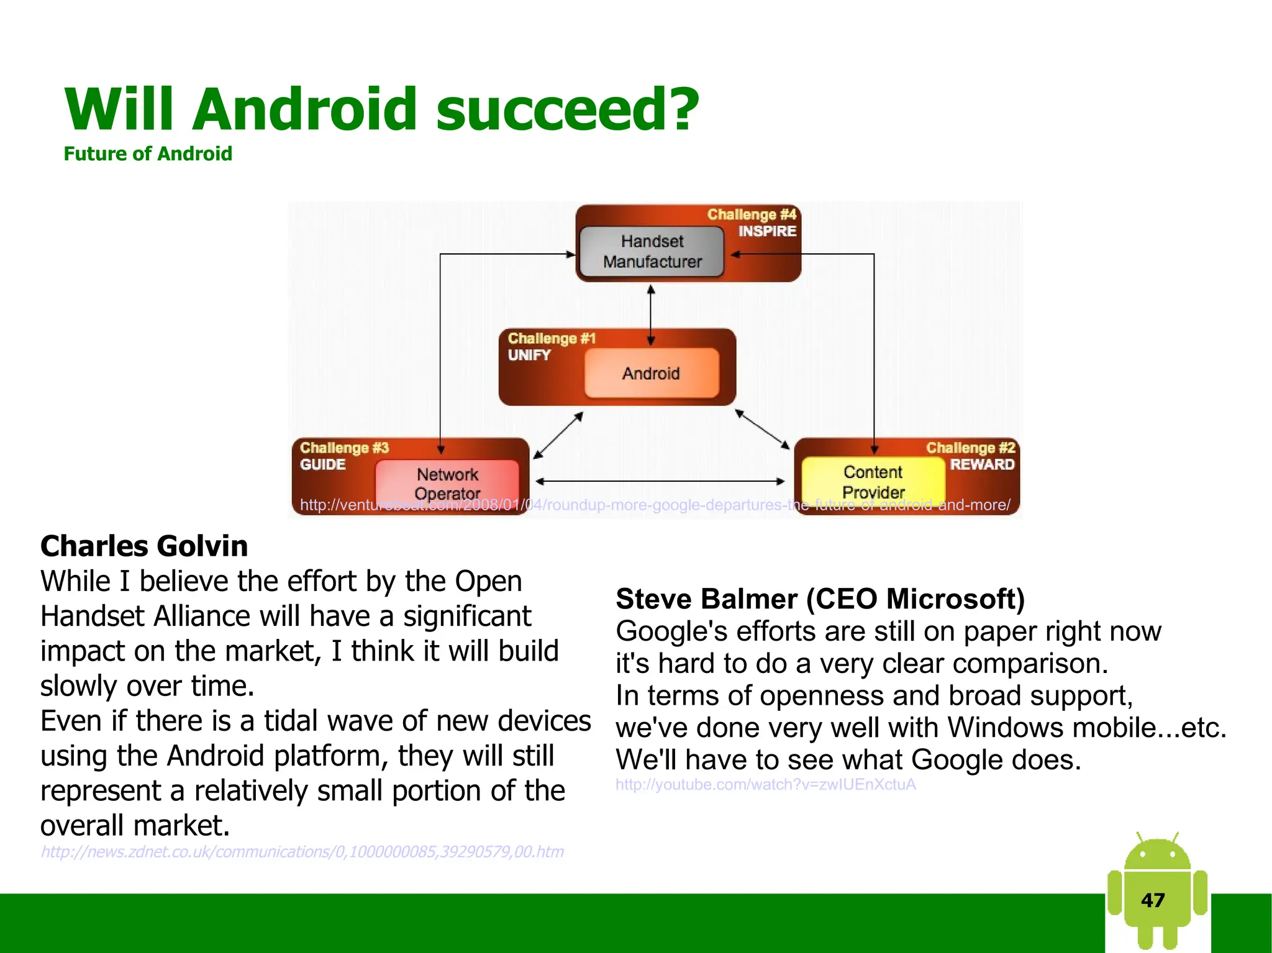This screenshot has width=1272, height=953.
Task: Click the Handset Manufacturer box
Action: pos(651,251)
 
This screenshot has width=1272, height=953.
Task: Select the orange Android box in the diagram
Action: pos(651,373)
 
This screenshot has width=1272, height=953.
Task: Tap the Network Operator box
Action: pos(447,481)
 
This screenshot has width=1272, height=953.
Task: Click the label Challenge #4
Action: pos(751,215)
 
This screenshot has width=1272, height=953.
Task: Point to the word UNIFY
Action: pos(529,355)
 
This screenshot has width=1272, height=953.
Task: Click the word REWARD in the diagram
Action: pos(981,464)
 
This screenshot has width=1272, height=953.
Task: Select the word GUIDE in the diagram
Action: pos(322,464)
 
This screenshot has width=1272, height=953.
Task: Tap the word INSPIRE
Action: pos(766,232)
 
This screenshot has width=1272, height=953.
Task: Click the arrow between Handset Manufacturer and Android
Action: pos(651,315)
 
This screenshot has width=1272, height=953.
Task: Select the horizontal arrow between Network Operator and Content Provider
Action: pos(660,481)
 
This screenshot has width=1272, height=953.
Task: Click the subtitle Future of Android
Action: pos(148,154)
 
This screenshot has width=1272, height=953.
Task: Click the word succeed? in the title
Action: pos(567,109)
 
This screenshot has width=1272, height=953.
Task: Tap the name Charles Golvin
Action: pos(144,546)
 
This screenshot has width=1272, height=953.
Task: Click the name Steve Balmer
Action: pos(706,599)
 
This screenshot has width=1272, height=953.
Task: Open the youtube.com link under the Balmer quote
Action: pos(765,785)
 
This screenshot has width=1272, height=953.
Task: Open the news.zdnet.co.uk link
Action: pos(302,852)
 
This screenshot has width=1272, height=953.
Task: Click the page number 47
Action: pos(1153,900)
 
